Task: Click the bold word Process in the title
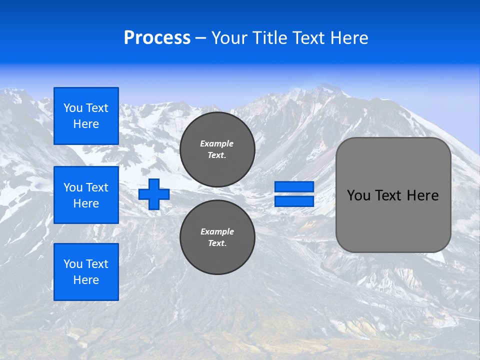click(157, 38)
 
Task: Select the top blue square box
click(86, 116)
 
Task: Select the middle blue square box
click(86, 195)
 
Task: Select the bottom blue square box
click(86, 272)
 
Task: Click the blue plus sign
click(154, 194)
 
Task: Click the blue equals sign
click(294, 194)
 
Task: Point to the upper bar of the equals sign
click(294, 186)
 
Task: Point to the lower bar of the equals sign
click(294, 201)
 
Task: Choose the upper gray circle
click(217, 149)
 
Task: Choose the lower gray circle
click(217, 237)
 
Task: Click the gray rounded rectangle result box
click(393, 195)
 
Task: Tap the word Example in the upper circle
click(217, 143)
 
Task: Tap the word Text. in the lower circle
click(217, 243)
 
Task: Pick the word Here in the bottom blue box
click(86, 280)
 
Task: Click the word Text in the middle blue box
click(97, 187)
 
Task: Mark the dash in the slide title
click(200, 38)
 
